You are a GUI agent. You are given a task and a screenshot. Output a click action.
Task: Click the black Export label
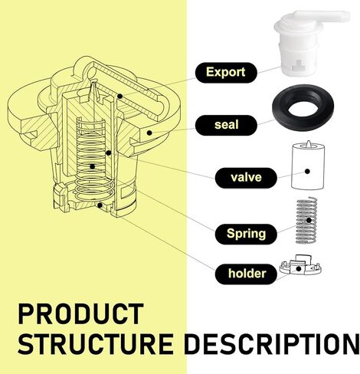[x=226, y=73]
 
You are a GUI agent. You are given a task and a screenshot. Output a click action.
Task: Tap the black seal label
[x=226, y=125]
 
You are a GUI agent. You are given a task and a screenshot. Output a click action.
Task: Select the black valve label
[x=246, y=178]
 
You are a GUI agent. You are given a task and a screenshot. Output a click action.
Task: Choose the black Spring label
[x=246, y=234]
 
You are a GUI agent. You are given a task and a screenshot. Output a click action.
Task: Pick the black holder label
[x=246, y=274]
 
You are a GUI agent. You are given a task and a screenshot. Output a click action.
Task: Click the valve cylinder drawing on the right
[x=308, y=166]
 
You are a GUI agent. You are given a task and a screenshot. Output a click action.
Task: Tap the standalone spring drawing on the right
[x=306, y=220]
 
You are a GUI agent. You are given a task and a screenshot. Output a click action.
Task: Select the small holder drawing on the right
[x=300, y=266]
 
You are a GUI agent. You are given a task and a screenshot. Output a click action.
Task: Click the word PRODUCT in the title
[x=80, y=314]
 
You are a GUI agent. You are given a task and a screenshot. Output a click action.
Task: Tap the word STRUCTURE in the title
[x=96, y=343]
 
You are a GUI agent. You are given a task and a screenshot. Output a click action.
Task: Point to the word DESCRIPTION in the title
[x=271, y=343]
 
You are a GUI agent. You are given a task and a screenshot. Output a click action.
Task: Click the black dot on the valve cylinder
[x=307, y=172]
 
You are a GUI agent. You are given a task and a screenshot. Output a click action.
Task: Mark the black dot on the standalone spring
[x=309, y=220]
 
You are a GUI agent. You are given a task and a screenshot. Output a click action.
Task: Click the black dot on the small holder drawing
[x=299, y=269]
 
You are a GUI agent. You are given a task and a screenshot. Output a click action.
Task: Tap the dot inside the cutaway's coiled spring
[x=93, y=166]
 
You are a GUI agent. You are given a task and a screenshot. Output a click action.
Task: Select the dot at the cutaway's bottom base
[x=100, y=205]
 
